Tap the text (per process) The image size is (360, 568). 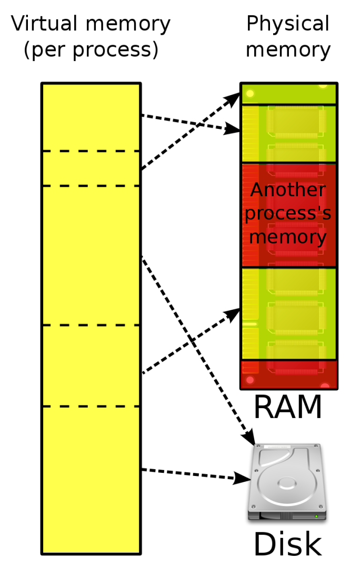coord(91,49)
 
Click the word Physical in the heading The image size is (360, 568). coord(287,24)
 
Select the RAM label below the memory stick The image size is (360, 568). coord(287,407)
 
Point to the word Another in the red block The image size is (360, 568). coord(288,190)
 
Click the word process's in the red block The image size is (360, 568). coord(288,214)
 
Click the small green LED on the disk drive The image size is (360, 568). coord(316,516)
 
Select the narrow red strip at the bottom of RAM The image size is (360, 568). coord(288,374)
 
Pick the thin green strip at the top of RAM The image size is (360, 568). coord(288,94)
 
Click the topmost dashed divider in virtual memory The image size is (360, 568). coord(91,151)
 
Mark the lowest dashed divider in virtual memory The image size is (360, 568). coord(91,406)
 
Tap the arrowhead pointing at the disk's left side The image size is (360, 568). coord(243,478)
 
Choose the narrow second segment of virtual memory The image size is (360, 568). coord(91,168)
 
